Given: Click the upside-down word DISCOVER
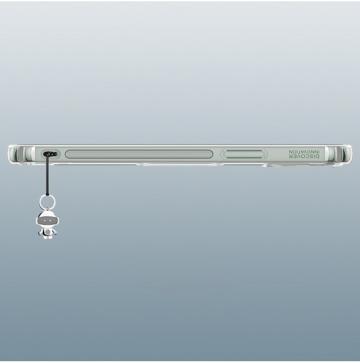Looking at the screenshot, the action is [x=304, y=156].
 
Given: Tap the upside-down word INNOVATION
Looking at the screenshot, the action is [x=304, y=151].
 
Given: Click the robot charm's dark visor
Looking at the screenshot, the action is [x=47, y=221].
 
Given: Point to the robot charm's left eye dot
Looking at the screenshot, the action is [x=45, y=221].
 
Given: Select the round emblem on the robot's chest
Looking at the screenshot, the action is [x=47, y=232].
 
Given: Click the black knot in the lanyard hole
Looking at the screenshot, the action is [x=50, y=154].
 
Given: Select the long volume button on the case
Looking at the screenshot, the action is [x=139, y=154].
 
